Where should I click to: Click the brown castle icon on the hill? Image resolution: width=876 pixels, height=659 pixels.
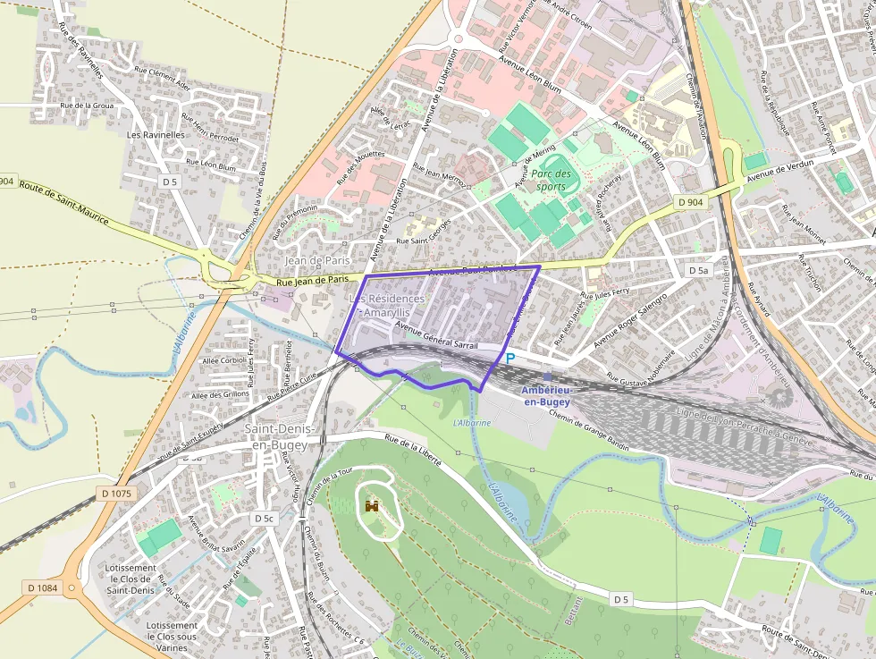(x=372, y=506)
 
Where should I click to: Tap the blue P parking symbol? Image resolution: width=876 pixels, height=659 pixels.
(x=510, y=359)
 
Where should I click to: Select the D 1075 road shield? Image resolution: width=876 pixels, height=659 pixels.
(x=116, y=494)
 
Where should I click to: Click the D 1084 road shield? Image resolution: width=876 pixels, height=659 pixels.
(x=42, y=587)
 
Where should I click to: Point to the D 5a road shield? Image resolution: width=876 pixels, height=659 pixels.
(x=698, y=270)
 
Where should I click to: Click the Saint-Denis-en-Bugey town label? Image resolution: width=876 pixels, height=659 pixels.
(x=276, y=437)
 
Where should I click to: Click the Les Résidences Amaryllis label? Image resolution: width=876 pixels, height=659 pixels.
(x=383, y=305)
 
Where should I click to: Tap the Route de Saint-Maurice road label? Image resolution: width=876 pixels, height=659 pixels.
(x=63, y=203)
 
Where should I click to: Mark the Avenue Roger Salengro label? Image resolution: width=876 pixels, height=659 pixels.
(x=630, y=321)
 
